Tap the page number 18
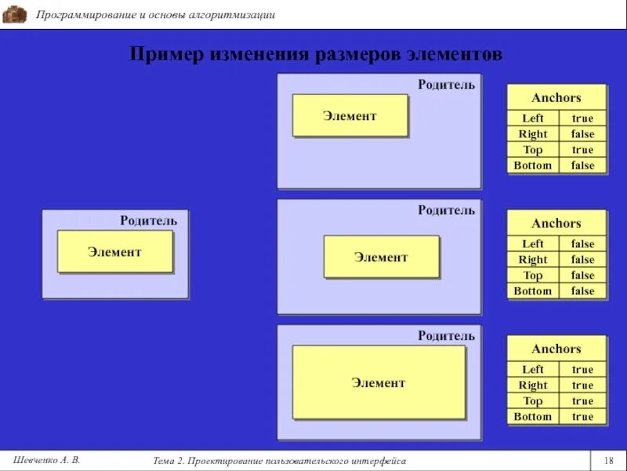coord(608,460)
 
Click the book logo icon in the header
coord(15,14)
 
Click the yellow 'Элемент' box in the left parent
coord(114,252)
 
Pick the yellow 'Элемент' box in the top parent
coord(350,116)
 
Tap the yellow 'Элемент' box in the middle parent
coord(381,257)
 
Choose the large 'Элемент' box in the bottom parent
coord(379,383)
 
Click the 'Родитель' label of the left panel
coord(148,221)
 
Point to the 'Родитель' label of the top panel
coord(446,85)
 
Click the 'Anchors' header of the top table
coord(556,98)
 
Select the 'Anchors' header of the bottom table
coord(556,349)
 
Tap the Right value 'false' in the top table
coord(582,134)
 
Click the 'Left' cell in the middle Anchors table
coord(533,244)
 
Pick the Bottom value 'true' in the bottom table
coord(582,417)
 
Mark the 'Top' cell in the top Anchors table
coord(533,150)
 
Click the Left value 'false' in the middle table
coord(582,244)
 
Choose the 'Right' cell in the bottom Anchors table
coord(533,385)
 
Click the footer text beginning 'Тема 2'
coord(280,461)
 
